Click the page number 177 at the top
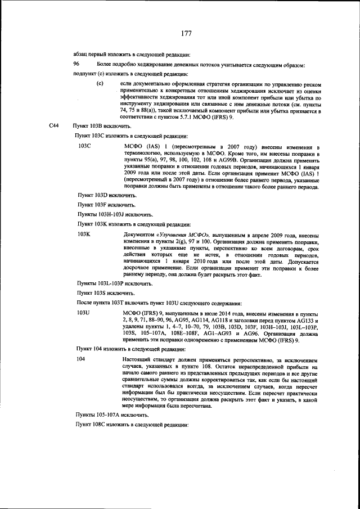click(187, 34)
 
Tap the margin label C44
click(55, 127)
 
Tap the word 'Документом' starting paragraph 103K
click(138, 233)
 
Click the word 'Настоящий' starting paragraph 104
click(137, 359)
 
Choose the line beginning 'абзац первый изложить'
click(132, 55)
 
